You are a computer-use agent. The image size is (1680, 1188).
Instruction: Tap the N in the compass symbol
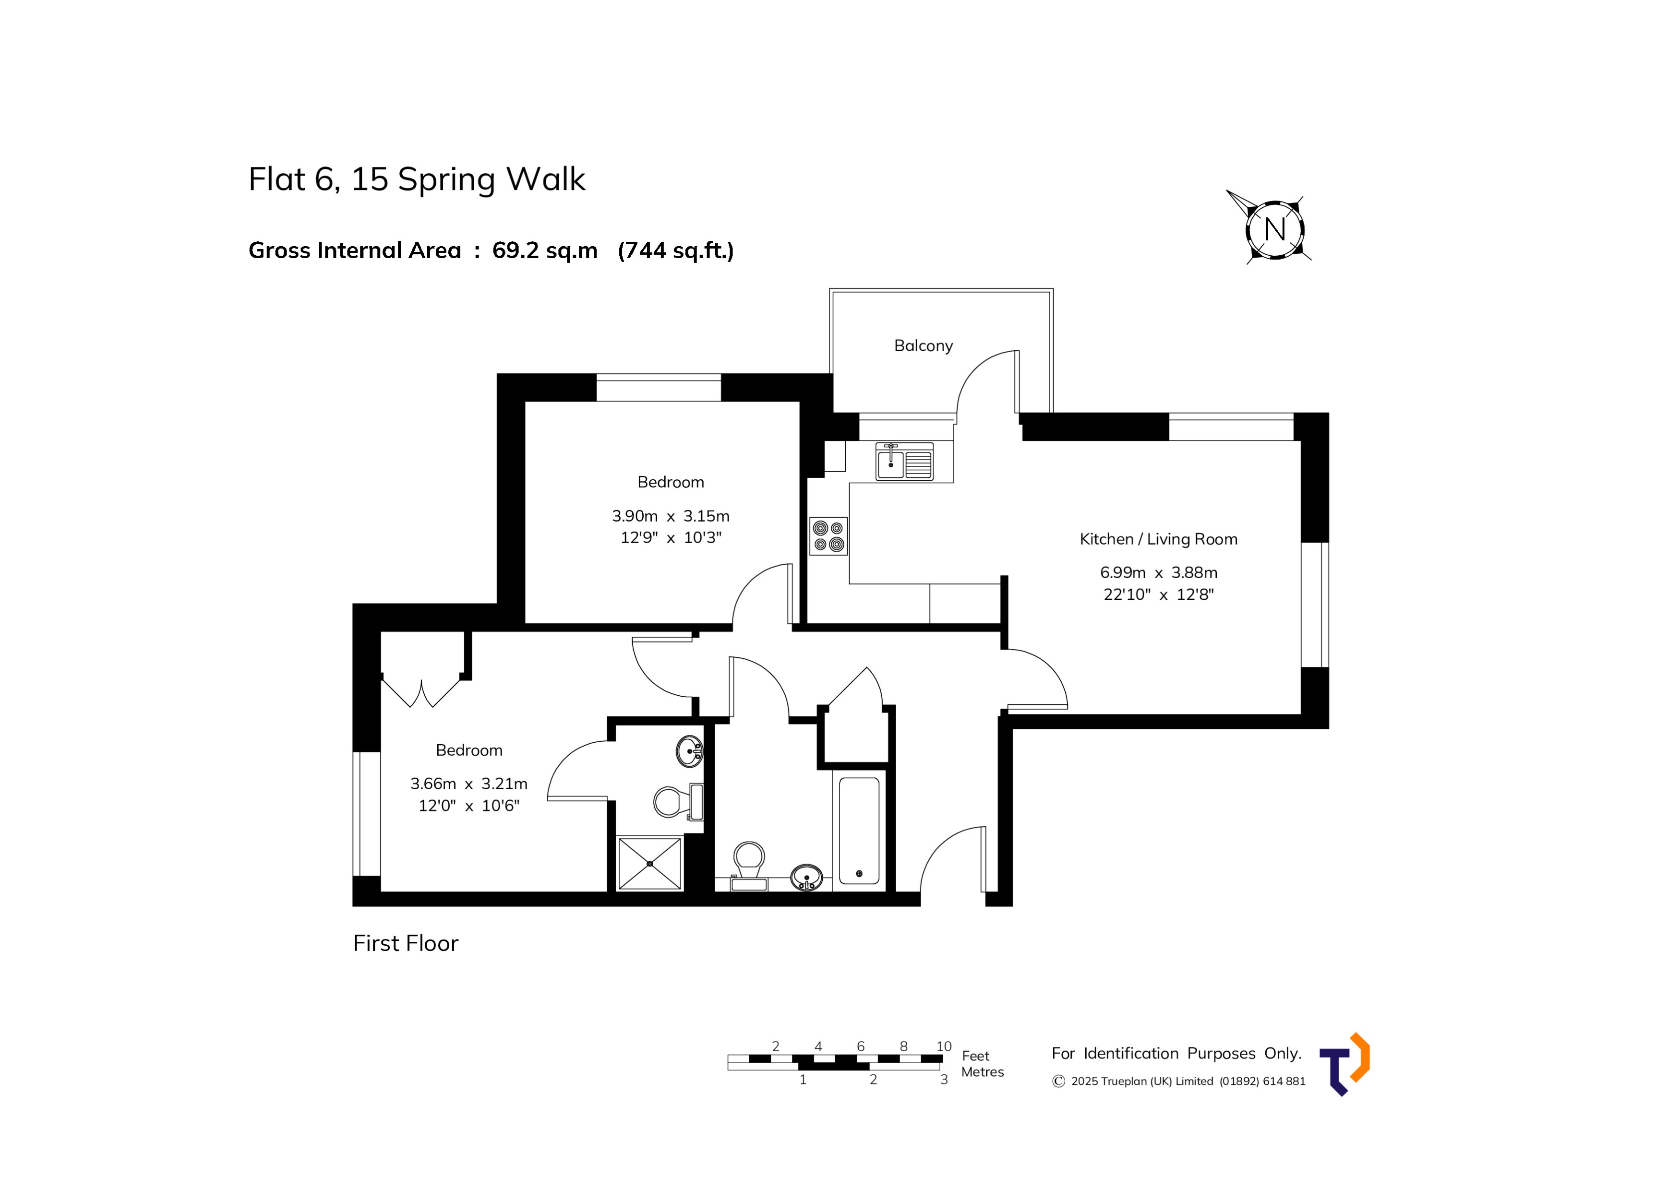tap(1274, 230)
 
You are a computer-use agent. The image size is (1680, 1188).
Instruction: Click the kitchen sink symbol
tap(904, 462)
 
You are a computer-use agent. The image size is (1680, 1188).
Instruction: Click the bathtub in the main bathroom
tap(859, 831)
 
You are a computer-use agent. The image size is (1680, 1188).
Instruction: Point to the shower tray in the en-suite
tap(650, 863)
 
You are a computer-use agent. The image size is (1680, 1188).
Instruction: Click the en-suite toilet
tap(672, 802)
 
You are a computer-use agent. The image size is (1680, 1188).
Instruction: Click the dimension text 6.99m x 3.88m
tap(1158, 573)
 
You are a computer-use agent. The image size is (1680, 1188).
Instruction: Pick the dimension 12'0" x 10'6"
tap(468, 806)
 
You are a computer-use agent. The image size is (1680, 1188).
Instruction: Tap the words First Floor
tap(406, 943)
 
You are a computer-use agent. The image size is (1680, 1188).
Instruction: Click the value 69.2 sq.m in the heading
tap(544, 250)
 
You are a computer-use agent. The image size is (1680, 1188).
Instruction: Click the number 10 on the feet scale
tap(944, 1046)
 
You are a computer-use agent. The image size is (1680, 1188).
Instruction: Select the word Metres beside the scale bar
tap(982, 1072)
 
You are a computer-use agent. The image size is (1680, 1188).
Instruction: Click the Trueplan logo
tap(1345, 1064)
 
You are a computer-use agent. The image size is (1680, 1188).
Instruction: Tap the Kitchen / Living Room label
tap(1158, 539)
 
